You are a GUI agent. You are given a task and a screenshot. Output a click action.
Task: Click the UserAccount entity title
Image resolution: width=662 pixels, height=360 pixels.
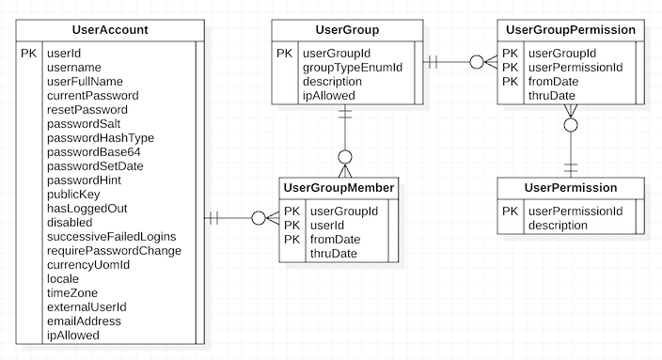coord(109,30)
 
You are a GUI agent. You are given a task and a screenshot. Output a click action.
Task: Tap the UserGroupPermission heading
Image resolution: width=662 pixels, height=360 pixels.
coord(571,30)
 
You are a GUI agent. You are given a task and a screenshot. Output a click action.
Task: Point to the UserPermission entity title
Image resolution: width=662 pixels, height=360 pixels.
coord(571,188)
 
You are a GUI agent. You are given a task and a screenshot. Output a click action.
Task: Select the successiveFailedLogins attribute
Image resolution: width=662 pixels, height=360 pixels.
coord(111,237)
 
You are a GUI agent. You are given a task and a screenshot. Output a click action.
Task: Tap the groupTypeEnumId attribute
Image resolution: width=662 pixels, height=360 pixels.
coord(352,68)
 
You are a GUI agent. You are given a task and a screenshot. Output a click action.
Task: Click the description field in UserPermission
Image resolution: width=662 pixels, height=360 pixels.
coord(560,226)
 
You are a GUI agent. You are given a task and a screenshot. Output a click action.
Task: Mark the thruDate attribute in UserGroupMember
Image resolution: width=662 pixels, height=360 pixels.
coord(333,254)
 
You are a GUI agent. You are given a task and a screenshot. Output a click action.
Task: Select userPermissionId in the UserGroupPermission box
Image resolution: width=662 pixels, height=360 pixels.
coord(575,68)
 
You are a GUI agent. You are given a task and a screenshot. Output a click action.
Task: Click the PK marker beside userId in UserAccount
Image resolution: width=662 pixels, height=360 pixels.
coord(29,54)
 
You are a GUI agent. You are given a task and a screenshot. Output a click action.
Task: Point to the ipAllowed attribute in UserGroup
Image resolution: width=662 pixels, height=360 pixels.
coord(328,96)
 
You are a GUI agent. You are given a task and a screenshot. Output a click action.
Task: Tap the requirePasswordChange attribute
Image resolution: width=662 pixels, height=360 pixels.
coord(114,251)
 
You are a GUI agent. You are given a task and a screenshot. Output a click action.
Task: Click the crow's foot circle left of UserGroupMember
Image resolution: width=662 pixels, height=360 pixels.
coord(260,218)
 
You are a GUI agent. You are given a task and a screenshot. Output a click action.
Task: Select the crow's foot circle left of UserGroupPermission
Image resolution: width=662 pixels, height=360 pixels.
coord(477,63)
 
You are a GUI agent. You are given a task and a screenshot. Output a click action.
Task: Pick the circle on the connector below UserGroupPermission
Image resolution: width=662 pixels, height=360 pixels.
coord(571,125)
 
